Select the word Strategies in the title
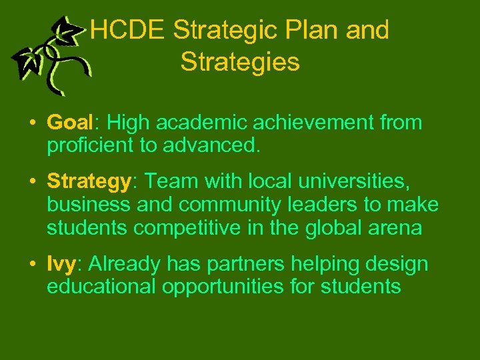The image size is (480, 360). pos(240,62)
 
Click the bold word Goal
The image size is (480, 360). pos(69,123)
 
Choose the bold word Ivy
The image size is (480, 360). pos(62,265)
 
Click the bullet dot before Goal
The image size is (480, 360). pos(32,124)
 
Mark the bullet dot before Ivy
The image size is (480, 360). pos(32,265)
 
